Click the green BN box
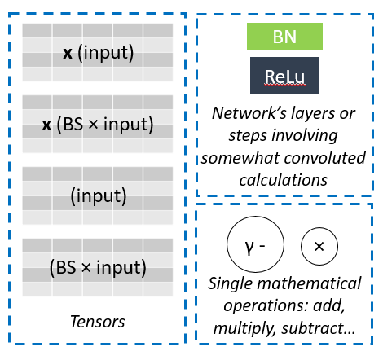click(284, 37)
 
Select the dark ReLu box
click(284, 78)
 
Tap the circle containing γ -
click(252, 244)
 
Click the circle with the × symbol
click(319, 244)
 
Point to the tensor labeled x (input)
click(98, 54)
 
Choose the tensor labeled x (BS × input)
click(98, 125)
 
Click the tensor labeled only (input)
click(98, 195)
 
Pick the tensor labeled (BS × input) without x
click(98, 266)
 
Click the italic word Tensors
click(98, 322)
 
